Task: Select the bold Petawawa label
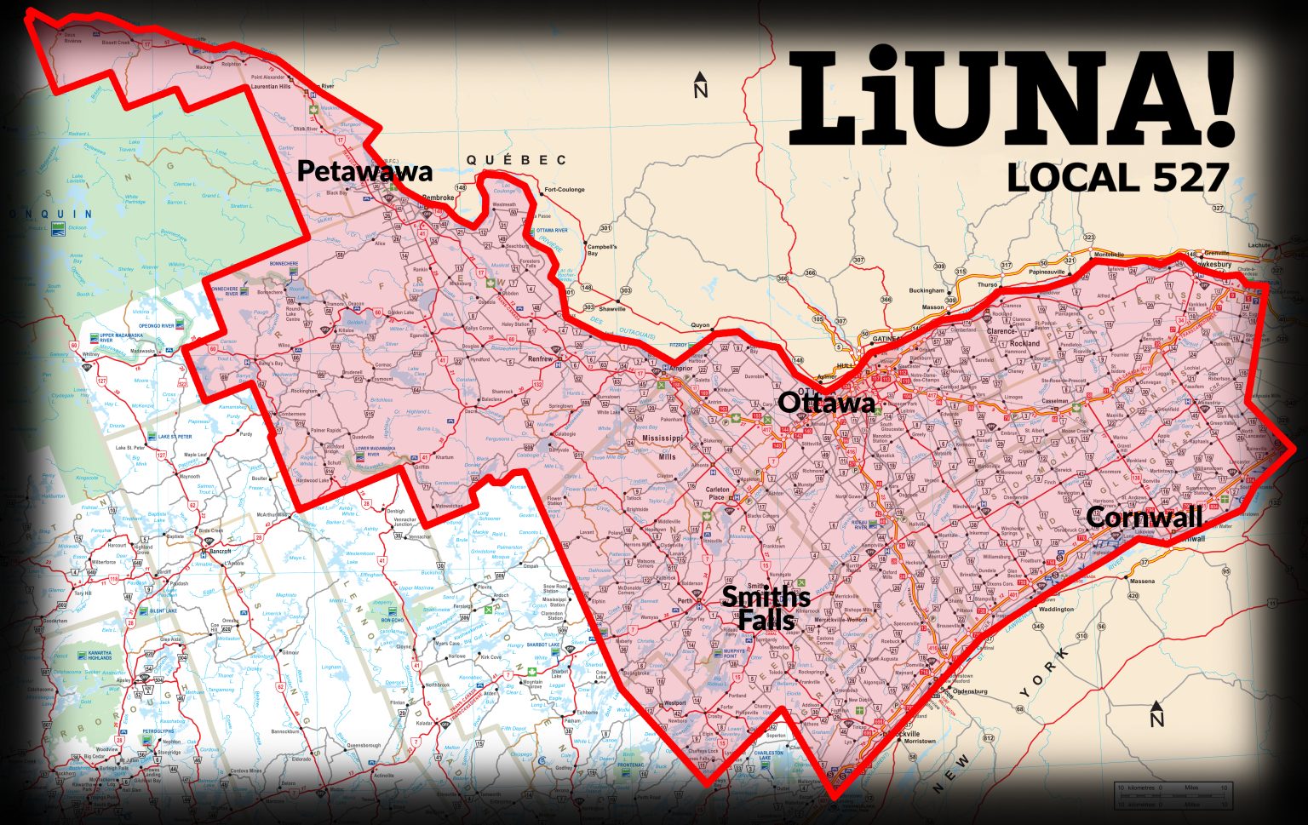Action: click(364, 172)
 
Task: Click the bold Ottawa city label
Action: click(826, 403)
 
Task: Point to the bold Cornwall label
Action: click(1144, 517)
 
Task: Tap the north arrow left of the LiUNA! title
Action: click(701, 86)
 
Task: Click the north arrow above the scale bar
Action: click(1156, 715)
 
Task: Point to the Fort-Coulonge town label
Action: click(562, 190)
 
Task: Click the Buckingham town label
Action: click(926, 290)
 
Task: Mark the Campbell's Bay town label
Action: click(601, 249)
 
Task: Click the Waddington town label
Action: click(1056, 610)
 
